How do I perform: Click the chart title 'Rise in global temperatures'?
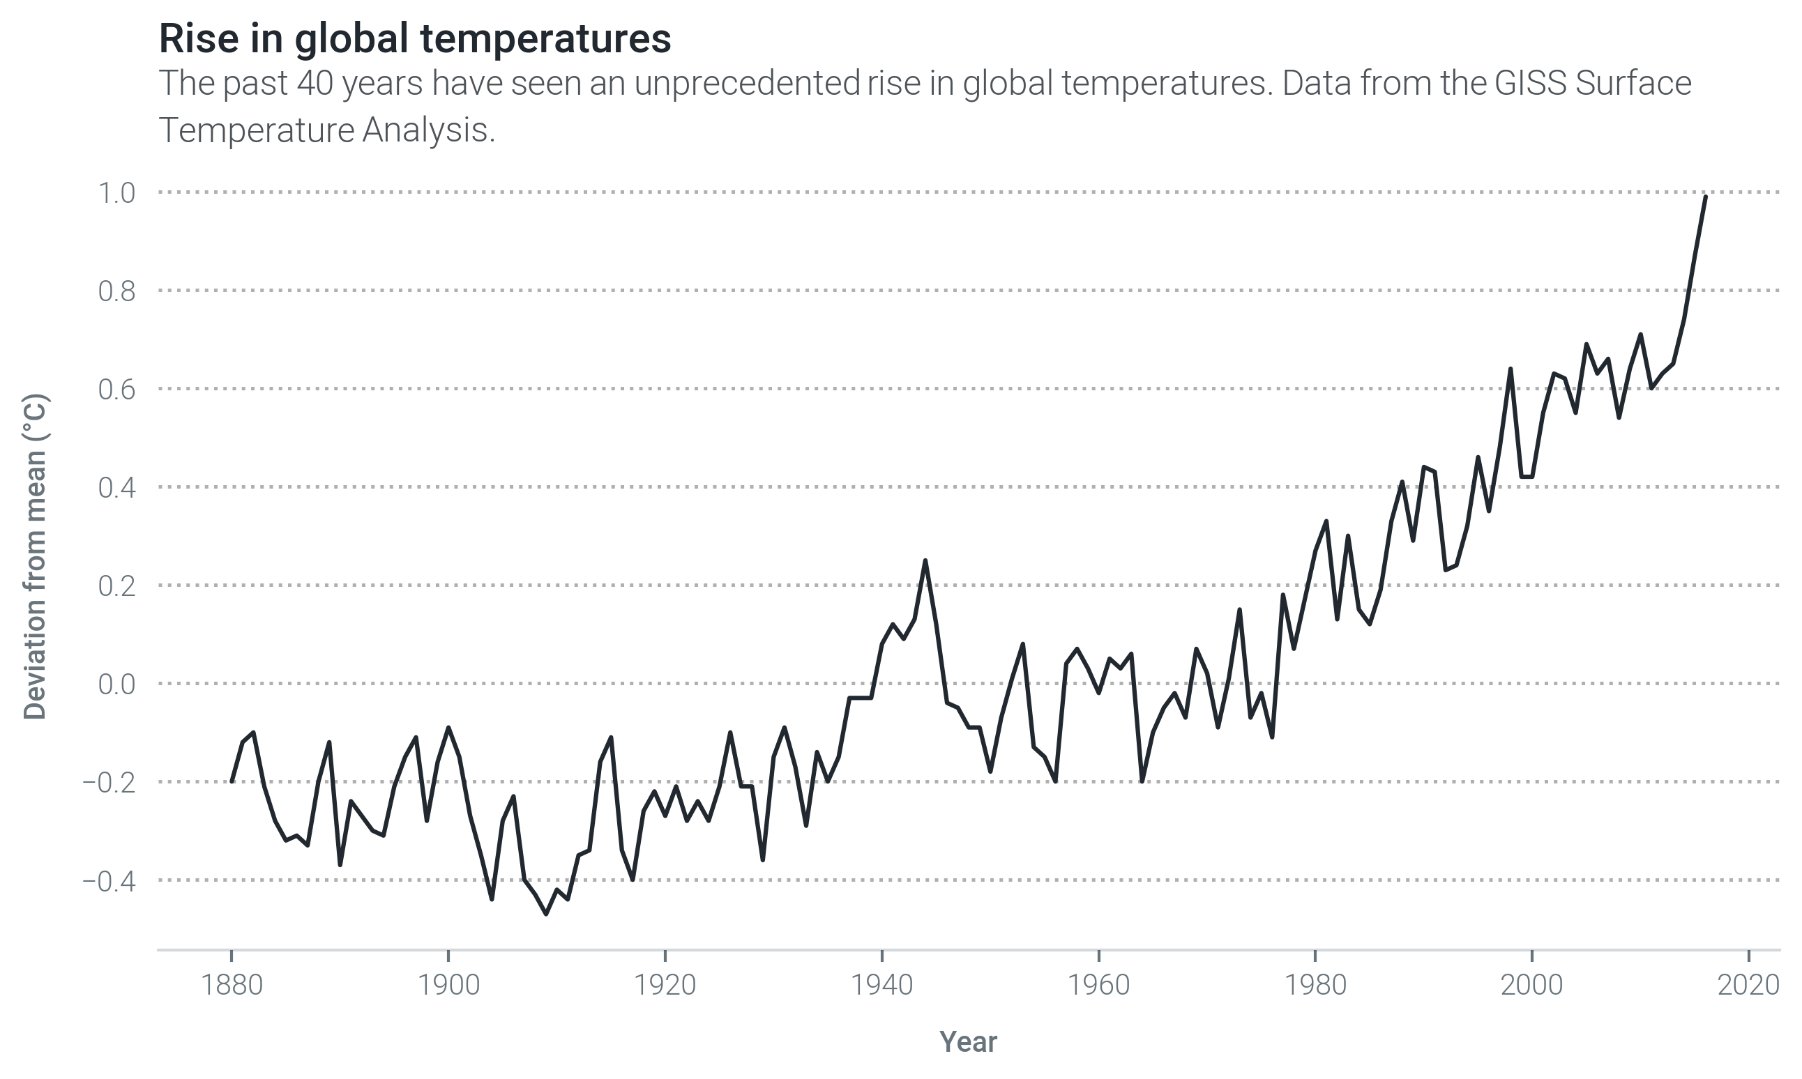click(414, 38)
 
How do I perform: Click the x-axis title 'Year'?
click(968, 1042)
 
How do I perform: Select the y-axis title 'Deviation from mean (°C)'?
click(35, 557)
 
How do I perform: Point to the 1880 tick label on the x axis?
click(232, 985)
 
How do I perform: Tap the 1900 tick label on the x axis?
click(448, 985)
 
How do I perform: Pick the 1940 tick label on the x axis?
click(881, 985)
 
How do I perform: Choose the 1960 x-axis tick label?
click(1098, 985)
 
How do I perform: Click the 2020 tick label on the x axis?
click(1748, 985)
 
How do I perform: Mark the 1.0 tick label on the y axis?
click(116, 192)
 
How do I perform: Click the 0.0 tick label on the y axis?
click(116, 684)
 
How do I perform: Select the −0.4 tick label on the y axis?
click(109, 881)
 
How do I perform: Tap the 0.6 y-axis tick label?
click(116, 390)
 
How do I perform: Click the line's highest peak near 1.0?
click(1705, 197)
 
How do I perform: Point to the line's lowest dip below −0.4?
click(546, 914)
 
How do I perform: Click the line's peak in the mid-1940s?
click(925, 560)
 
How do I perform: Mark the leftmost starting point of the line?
click(232, 781)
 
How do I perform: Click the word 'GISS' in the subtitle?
click(1529, 83)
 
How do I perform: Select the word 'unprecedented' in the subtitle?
click(747, 83)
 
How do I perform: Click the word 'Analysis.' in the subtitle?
click(428, 131)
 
